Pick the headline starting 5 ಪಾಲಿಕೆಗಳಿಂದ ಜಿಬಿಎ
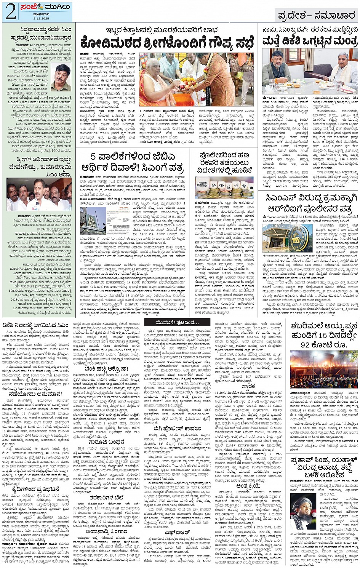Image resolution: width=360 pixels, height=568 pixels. [x=133, y=162]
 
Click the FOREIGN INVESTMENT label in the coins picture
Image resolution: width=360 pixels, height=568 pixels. [x=203, y=184]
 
